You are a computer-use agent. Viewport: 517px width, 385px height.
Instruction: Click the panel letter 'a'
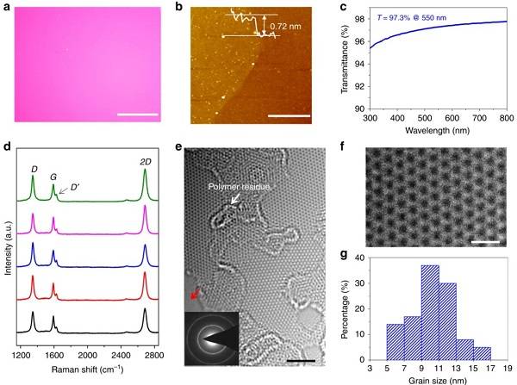point(8,8)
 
